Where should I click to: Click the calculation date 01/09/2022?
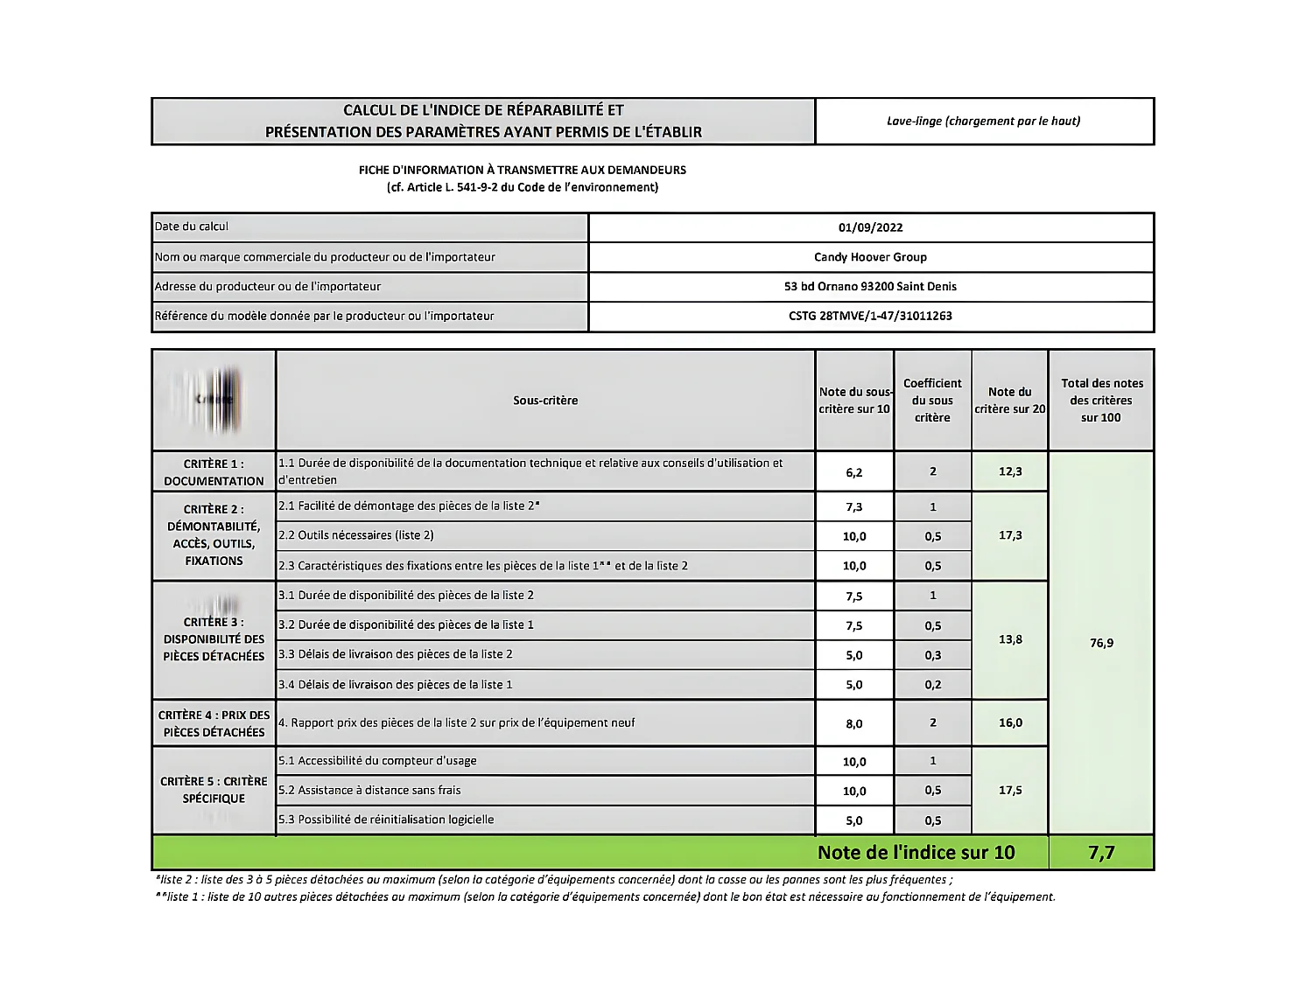point(870,227)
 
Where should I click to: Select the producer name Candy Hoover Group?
point(870,257)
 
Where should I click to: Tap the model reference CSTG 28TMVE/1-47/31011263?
point(870,316)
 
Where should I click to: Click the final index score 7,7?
point(1101,853)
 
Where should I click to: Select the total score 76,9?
point(1101,643)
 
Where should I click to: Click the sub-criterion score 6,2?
point(854,472)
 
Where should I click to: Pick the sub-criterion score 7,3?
point(854,507)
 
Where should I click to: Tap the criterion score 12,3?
point(1010,471)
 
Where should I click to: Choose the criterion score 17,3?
point(1010,535)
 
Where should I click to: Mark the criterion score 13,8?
point(1010,639)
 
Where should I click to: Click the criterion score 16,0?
point(1010,722)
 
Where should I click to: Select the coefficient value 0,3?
point(933,655)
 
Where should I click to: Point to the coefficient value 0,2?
point(933,685)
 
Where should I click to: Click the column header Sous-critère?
point(545,401)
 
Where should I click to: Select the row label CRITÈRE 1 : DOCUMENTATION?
point(214,472)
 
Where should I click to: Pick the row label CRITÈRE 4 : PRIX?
point(214,723)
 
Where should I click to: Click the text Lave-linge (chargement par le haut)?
point(983,121)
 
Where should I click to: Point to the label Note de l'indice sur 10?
point(916,853)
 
